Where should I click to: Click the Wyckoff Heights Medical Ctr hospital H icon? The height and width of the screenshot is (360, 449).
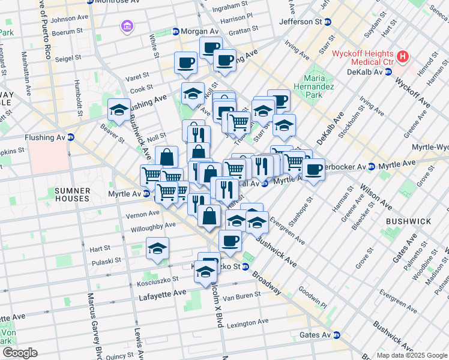click(x=403, y=58)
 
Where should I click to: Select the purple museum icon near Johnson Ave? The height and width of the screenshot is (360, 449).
click(x=126, y=26)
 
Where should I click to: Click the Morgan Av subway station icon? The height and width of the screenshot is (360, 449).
click(x=176, y=31)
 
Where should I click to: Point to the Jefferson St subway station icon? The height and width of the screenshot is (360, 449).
click(x=328, y=22)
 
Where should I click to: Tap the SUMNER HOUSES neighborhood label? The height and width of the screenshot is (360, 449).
click(x=72, y=194)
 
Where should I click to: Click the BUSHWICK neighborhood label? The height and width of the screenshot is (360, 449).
click(x=408, y=221)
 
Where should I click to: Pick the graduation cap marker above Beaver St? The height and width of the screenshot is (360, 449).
click(x=119, y=109)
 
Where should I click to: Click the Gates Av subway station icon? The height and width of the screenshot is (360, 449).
click(x=337, y=335)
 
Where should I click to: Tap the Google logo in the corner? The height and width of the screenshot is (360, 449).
click(x=19, y=353)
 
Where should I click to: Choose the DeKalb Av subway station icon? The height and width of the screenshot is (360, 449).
click(x=389, y=72)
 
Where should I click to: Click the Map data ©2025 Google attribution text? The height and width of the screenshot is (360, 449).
click(x=411, y=355)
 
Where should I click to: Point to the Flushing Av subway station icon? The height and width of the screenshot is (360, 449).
click(x=70, y=137)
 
